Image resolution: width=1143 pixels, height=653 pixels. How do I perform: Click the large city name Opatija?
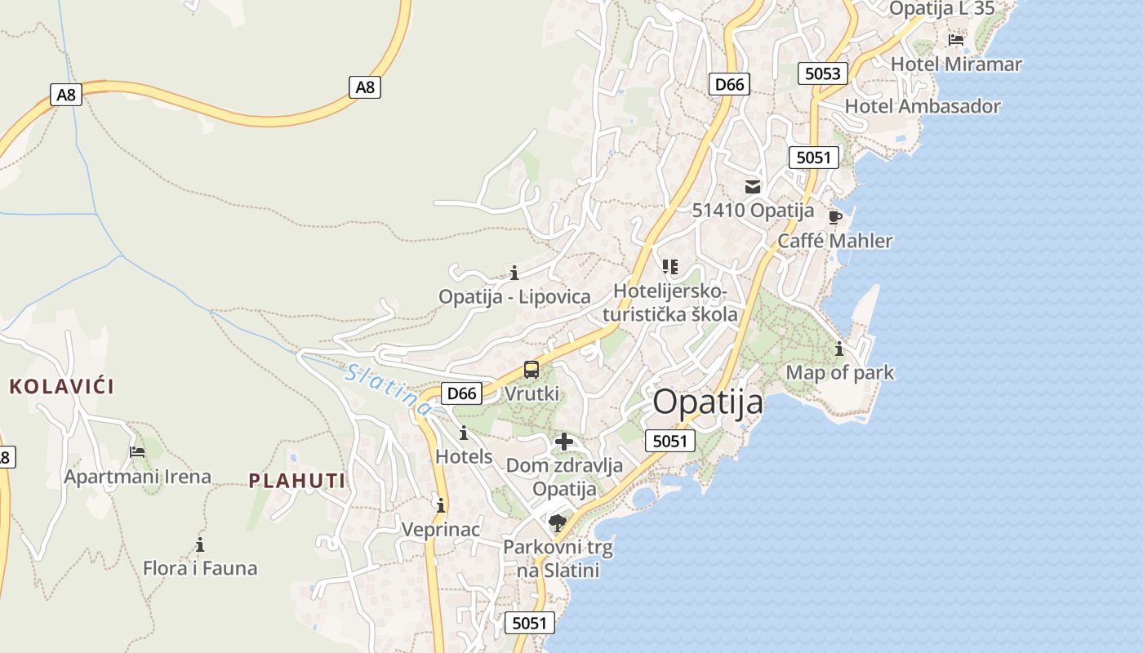pyautogui.click(x=708, y=402)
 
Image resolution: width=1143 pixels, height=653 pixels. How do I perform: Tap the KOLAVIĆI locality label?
pyautogui.click(x=61, y=387)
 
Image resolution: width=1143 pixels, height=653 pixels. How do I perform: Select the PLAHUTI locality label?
pyautogui.click(x=297, y=481)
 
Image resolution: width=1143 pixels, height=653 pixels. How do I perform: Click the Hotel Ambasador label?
pyautogui.click(x=922, y=106)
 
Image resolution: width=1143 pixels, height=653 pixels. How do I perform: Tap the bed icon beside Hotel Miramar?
pyautogui.click(x=956, y=40)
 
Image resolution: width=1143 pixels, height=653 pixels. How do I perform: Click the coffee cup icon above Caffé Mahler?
pyautogui.click(x=834, y=217)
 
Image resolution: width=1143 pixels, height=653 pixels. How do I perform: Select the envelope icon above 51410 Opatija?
pyautogui.click(x=752, y=187)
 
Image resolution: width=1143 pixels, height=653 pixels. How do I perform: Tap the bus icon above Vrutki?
pyautogui.click(x=531, y=370)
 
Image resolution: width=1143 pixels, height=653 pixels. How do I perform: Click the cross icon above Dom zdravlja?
pyautogui.click(x=563, y=442)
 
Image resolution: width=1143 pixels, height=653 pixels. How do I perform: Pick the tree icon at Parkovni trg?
pyautogui.click(x=558, y=522)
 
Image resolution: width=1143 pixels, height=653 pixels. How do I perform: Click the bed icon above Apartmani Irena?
pyautogui.click(x=137, y=452)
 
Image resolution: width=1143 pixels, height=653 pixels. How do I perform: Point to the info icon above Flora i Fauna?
pyautogui.click(x=200, y=544)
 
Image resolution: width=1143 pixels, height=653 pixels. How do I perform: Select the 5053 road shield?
pyautogui.click(x=822, y=73)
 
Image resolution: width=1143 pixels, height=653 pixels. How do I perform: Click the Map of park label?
pyautogui.click(x=839, y=373)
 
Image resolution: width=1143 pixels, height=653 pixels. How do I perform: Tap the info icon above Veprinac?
pyautogui.click(x=441, y=506)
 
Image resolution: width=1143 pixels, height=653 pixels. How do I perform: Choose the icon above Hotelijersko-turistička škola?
pyautogui.click(x=670, y=267)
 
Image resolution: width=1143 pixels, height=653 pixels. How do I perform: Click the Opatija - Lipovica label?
pyautogui.click(x=514, y=296)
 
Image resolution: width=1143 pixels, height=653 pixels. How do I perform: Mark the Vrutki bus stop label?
pyautogui.click(x=531, y=393)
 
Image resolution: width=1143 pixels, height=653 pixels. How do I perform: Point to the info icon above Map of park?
pyautogui.click(x=839, y=349)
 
